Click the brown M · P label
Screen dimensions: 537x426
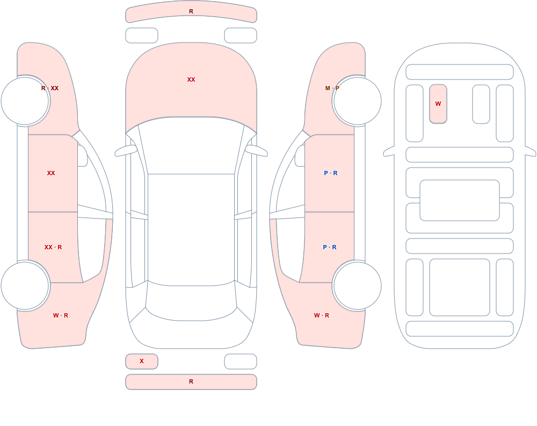(x=332, y=88)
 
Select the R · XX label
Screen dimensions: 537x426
(x=49, y=88)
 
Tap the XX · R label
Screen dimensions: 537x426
(x=53, y=247)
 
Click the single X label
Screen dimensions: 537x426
(x=141, y=361)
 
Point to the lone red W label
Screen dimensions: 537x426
(x=438, y=104)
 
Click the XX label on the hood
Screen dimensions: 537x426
(x=191, y=80)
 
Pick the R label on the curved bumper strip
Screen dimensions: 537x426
(x=191, y=11)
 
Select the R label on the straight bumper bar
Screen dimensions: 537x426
(x=191, y=381)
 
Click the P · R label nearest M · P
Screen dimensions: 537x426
(x=330, y=173)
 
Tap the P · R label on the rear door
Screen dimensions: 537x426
(x=330, y=247)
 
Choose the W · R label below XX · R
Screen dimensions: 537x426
(x=61, y=315)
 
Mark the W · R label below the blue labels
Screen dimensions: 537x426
(x=322, y=315)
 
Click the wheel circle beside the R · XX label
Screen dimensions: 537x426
(x=25, y=101)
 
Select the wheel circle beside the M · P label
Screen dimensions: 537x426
(x=357, y=101)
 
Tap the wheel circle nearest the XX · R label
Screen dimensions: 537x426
(x=25, y=285)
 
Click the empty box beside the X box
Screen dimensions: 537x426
(x=241, y=362)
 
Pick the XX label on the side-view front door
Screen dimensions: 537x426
(x=51, y=173)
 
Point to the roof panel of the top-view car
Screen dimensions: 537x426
(x=191, y=229)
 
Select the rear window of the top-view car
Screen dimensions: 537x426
(x=191, y=301)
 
